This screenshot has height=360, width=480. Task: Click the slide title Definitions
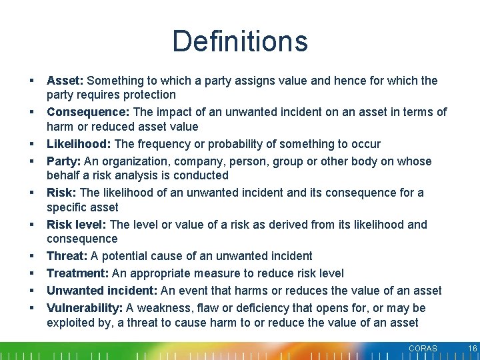[x=240, y=41]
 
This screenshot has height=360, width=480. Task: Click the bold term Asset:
[x=65, y=81]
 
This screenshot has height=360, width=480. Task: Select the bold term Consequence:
[x=87, y=112]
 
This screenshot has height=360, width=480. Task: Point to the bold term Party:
[x=63, y=161]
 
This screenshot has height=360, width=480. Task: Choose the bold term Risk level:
[x=77, y=225]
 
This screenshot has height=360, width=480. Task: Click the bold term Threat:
[x=67, y=256]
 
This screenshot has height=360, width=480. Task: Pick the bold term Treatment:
[x=77, y=273]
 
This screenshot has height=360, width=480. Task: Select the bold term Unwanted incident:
[x=101, y=291]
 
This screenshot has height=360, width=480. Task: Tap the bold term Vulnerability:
[x=85, y=308]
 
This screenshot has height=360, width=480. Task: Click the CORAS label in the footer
[x=423, y=349]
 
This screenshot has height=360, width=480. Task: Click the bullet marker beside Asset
[x=31, y=81]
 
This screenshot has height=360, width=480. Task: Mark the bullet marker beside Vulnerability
[x=31, y=308]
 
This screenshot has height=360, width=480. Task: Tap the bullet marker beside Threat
[x=31, y=256]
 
